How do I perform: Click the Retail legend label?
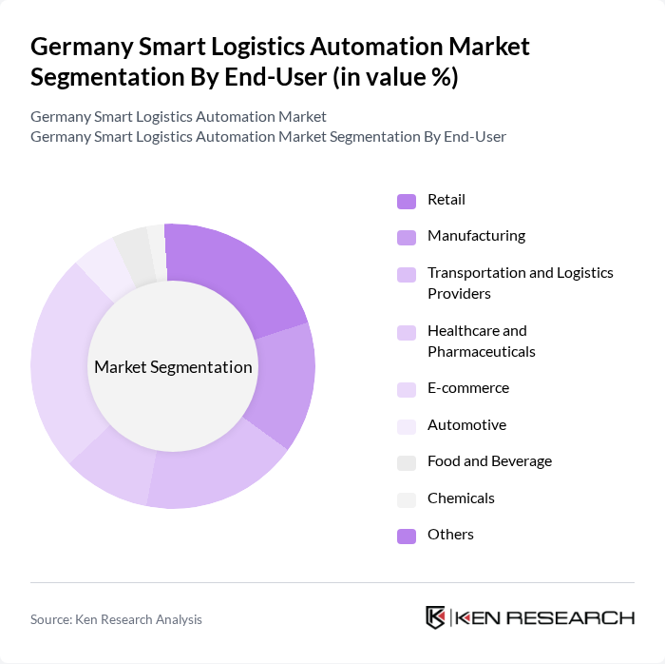tap(446, 200)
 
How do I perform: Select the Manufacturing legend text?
tap(476, 236)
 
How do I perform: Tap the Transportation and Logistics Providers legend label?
tap(520, 283)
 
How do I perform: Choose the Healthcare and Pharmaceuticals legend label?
tap(481, 341)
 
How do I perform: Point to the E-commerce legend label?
tap(467, 388)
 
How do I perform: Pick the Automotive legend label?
tap(466, 425)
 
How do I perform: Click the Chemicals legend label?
tap(461, 498)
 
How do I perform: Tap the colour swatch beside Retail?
tap(407, 201)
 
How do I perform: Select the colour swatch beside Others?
tap(407, 536)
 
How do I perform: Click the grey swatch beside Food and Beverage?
tap(407, 462)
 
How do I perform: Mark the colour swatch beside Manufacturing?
tap(407, 237)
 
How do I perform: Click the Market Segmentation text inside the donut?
tap(173, 367)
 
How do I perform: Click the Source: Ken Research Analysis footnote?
tap(116, 619)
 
